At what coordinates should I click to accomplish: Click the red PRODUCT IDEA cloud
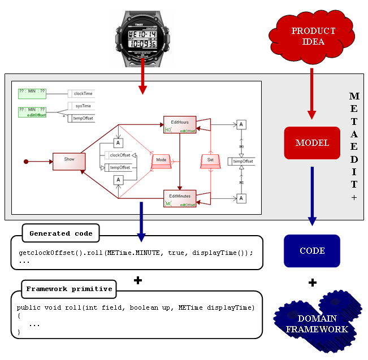[x=313, y=37]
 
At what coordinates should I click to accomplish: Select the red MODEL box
[x=312, y=142]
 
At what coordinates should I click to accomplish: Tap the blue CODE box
[x=312, y=251]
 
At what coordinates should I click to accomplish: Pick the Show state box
[x=69, y=160]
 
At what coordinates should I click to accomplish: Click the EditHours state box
[x=180, y=124]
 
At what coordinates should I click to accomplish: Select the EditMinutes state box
[x=180, y=199]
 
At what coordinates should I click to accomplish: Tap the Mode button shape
[x=161, y=161]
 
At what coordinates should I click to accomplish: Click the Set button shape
[x=210, y=161]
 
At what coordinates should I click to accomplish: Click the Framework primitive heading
[x=69, y=289]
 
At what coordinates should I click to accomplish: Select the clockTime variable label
[x=83, y=93]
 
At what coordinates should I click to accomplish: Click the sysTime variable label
[x=83, y=106]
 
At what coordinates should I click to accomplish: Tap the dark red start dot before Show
[x=25, y=162]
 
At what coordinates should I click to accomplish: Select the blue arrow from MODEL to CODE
[x=311, y=192]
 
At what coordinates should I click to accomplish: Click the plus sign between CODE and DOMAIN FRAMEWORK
[x=312, y=282]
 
